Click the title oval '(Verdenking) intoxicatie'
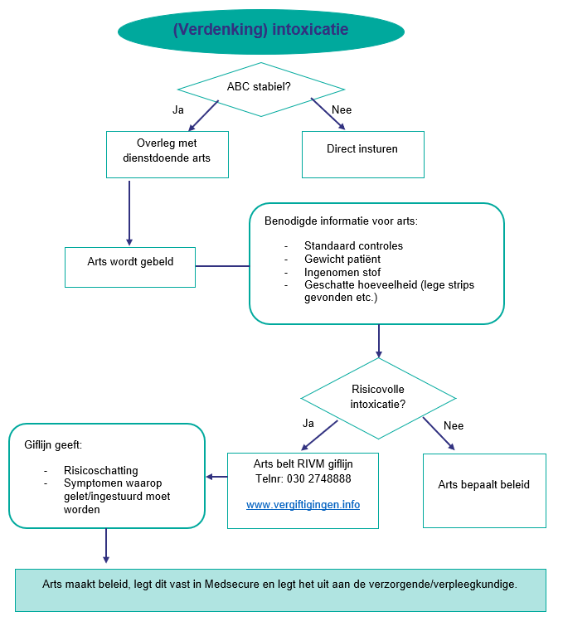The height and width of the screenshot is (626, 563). pyautogui.click(x=260, y=30)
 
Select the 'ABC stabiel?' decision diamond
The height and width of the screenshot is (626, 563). pyautogui.click(x=260, y=86)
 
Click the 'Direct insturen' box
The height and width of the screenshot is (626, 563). pyautogui.click(x=362, y=149)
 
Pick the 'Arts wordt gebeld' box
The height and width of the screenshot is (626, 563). pyautogui.click(x=130, y=262)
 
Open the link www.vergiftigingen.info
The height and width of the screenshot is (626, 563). pyautogui.click(x=303, y=504)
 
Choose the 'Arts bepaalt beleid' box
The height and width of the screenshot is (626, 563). pyautogui.click(x=483, y=485)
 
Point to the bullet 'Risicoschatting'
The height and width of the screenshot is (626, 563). pyautogui.click(x=101, y=470)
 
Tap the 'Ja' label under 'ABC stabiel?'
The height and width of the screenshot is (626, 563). pyautogui.click(x=177, y=109)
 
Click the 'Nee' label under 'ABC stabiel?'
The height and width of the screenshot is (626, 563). pyautogui.click(x=341, y=109)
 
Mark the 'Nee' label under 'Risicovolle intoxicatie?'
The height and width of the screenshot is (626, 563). pyautogui.click(x=454, y=425)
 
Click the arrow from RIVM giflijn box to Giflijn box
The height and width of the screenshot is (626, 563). pyautogui.click(x=216, y=477)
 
